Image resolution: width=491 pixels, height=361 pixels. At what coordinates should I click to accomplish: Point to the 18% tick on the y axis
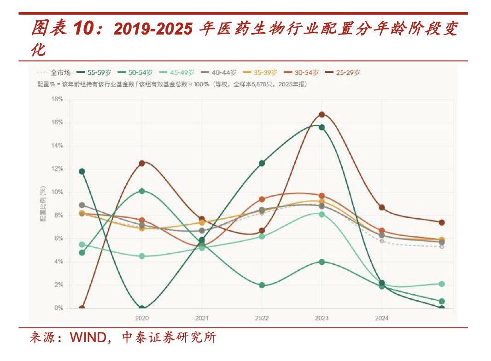tap(58, 99)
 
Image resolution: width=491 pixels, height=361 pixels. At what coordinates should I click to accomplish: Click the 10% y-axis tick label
tap(58, 192)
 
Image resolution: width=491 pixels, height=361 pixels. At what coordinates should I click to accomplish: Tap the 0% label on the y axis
tap(58, 308)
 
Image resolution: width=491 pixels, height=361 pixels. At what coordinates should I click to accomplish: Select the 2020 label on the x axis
tap(142, 318)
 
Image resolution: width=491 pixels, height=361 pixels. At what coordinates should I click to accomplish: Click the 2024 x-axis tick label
tap(381, 318)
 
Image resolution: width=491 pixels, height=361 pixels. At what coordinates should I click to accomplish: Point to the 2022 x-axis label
tap(262, 318)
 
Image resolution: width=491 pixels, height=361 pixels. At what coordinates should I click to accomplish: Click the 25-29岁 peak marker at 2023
tap(322, 114)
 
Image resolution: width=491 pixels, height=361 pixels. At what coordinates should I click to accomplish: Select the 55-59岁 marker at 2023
tap(322, 127)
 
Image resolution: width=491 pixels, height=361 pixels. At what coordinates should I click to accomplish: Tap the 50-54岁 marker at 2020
tap(142, 191)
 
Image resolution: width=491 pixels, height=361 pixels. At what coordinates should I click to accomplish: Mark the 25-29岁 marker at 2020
tap(142, 163)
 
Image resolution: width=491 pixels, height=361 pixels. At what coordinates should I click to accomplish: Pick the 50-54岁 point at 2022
tap(262, 285)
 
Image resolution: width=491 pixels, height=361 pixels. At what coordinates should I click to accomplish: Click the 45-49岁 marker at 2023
tap(322, 214)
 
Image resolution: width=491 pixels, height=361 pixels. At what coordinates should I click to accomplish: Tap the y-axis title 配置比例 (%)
tap(43, 204)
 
